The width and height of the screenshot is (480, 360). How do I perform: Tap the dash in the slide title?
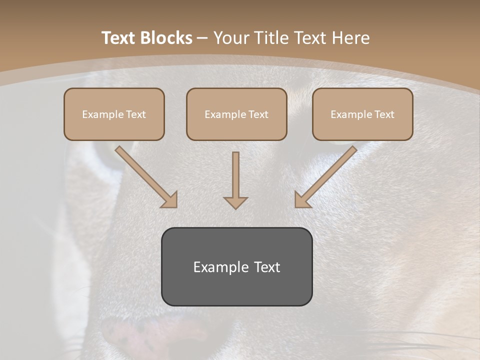point(202,38)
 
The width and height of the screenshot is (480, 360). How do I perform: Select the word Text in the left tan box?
point(135,114)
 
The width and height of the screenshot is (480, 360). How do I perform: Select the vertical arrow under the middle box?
point(235,177)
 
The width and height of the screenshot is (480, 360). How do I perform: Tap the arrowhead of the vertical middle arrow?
point(235,202)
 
